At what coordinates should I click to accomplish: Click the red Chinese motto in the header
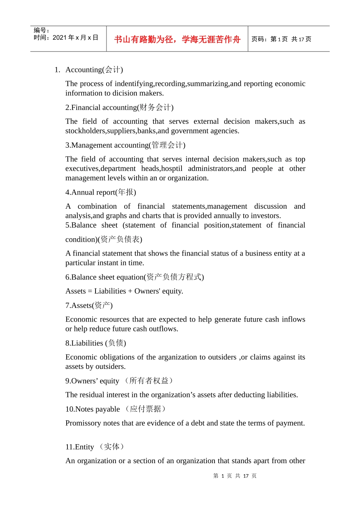pos(177,39)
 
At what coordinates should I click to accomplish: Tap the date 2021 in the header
pos(59,37)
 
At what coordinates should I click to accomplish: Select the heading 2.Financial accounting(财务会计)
pos(119,108)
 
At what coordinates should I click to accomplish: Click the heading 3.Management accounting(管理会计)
pos(125,145)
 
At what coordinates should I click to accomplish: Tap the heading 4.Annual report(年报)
pos(100,192)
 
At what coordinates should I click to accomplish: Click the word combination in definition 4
pos(97,206)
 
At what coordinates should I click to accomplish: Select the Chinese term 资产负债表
pos(121,239)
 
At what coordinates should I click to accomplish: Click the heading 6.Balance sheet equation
pos(135,277)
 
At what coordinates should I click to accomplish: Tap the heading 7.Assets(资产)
pos(89,306)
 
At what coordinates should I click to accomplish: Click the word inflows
pos(293,319)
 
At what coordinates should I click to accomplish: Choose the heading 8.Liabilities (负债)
pos(95,343)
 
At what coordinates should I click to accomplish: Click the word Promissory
pos(83,423)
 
